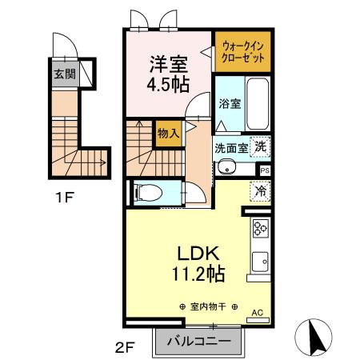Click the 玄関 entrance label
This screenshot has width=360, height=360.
66,74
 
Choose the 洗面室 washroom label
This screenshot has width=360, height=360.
231,148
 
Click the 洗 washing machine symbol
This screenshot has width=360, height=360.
261,147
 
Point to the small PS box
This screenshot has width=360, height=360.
265,170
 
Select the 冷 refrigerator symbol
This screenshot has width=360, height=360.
261,191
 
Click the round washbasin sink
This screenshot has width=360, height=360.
227,167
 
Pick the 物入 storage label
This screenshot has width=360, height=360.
167,134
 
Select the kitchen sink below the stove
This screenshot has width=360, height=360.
261,261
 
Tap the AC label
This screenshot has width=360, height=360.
258,313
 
